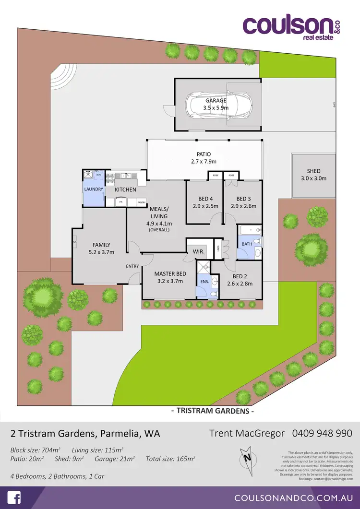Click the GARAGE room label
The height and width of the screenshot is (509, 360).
[216, 101]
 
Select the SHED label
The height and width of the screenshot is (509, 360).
[313, 171]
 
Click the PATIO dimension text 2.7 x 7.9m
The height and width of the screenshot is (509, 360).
[204, 162]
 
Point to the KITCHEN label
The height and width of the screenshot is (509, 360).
[125, 189]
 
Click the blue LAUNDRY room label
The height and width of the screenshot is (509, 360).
[94, 189]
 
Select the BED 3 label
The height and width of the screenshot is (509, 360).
[243, 199]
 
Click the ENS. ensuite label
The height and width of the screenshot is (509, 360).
[204, 282]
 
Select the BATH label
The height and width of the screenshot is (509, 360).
[247, 244]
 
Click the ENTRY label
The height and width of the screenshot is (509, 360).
[132, 266]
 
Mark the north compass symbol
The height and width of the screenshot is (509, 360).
[248, 456]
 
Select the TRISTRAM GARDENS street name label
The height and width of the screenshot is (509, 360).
[212, 411]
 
